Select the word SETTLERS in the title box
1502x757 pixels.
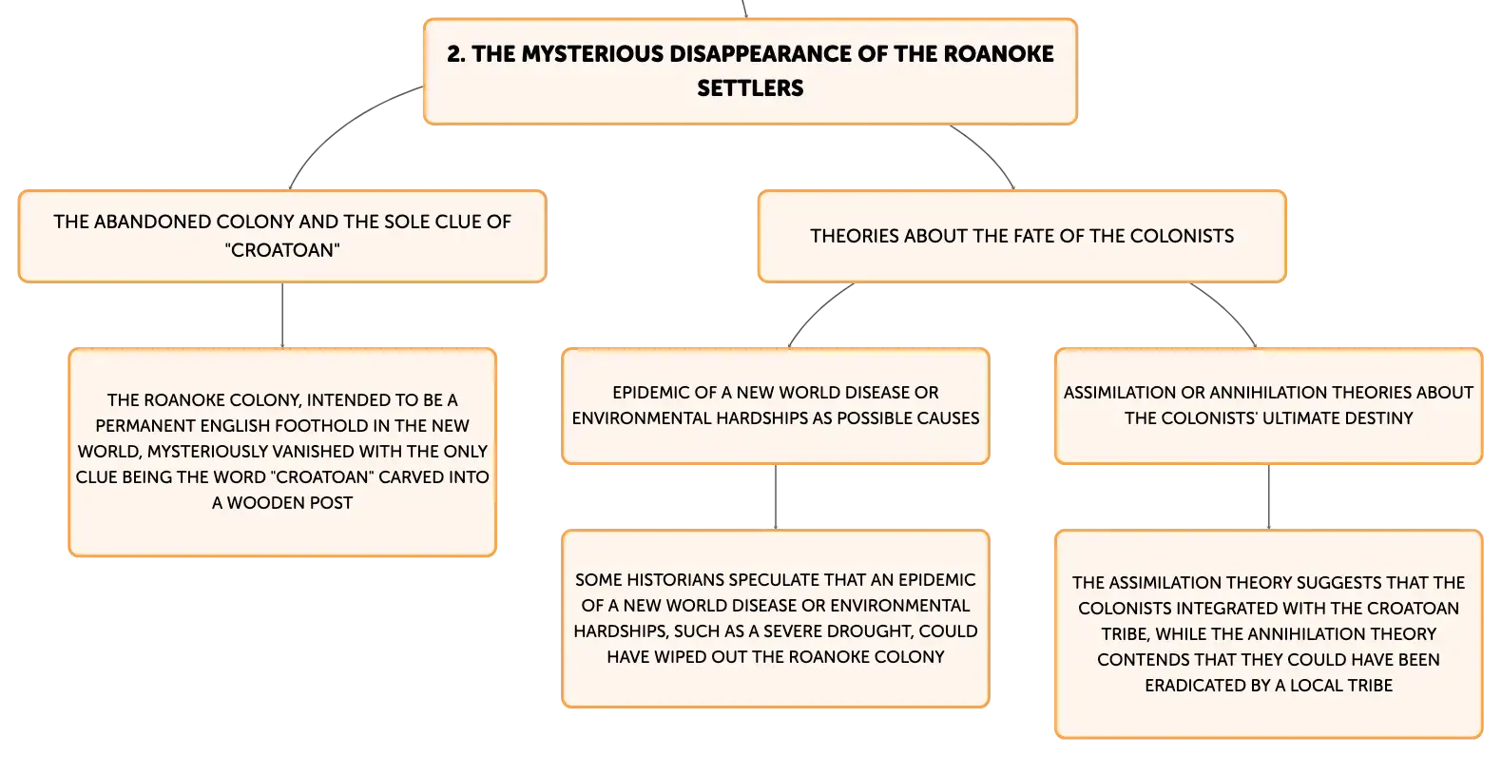pos(750,88)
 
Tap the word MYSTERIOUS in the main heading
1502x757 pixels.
pos(592,54)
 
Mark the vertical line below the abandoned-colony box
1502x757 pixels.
pos(282,315)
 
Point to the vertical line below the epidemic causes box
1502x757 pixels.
pos(776,496)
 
